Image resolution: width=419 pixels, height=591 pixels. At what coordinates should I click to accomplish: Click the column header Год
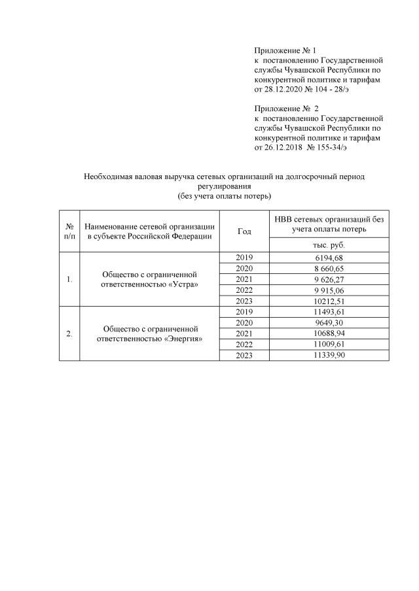click(244, 231)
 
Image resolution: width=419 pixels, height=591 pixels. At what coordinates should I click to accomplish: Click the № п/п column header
click(69, 231)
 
